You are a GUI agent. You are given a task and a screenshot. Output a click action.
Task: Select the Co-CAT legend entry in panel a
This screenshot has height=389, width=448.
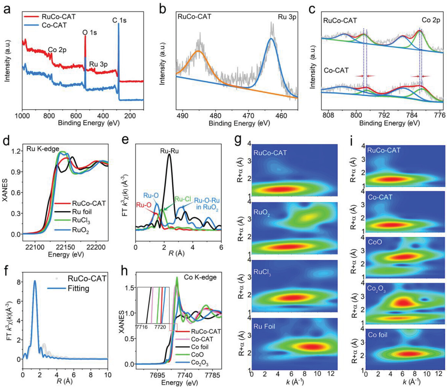[54, 25]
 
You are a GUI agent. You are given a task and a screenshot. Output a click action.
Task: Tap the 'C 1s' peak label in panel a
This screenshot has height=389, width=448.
[119, 20]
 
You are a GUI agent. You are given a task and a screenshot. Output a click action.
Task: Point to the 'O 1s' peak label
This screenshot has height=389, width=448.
[89, 32]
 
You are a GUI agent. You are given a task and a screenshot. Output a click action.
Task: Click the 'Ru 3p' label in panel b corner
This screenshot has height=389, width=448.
[287, 17]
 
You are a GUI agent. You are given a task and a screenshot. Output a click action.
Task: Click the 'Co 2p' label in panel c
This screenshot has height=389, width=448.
[431, 20]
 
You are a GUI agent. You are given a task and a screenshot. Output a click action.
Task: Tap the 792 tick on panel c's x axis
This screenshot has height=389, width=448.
[384, 115]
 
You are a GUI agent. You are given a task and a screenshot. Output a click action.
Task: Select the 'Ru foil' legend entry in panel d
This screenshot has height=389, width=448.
[82, 212]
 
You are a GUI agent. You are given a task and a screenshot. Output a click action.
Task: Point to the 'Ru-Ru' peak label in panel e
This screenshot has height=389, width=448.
[169, 151]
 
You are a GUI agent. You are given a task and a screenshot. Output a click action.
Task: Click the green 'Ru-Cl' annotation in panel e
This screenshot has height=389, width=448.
[182, 199]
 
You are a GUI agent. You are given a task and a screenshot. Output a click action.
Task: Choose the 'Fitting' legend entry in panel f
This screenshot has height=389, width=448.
[78, 288]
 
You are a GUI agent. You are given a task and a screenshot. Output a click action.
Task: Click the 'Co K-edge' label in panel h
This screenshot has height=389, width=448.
[200, 277]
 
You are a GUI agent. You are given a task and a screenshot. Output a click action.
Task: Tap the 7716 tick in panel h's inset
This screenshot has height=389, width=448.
[142, 327]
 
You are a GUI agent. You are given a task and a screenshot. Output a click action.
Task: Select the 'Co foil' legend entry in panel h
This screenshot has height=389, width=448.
[200, 347]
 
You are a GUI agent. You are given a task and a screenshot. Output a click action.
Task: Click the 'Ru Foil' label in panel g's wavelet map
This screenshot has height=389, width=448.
[264, 326]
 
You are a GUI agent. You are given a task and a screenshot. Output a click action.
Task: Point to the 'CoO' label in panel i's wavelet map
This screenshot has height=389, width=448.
[375, 242]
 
